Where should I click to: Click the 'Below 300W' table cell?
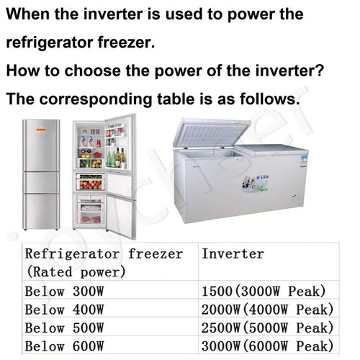point(65,292)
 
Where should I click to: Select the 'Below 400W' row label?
point(65,310)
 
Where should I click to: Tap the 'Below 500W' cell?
point(65,328)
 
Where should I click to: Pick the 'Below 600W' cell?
point(65,346)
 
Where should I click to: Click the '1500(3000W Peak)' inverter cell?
point(264,292)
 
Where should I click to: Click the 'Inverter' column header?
point(233,253)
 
